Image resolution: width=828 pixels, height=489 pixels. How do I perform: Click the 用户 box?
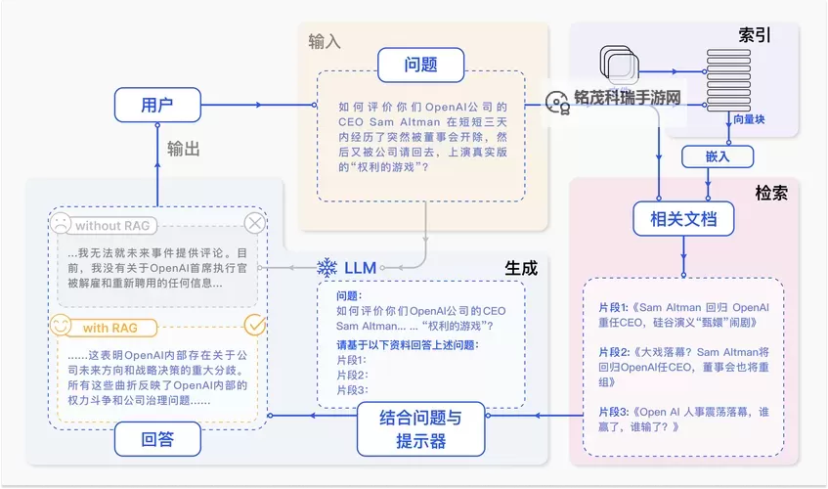(x=157, y=105)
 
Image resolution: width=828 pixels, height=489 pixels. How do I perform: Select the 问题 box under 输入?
(x=420, y=66)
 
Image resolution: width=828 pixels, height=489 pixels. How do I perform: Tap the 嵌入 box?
(x=718, y=156)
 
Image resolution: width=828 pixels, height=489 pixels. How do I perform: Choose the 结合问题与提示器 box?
(x=420, y=429)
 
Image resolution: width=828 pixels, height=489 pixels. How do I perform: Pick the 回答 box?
(x=157, y=439)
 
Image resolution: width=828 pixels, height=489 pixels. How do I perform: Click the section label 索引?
(x=755, y=35)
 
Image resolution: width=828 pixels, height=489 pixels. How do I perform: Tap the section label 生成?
(x=521, y=267)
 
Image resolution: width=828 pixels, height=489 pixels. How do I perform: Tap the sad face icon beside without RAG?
(x=61, y=224)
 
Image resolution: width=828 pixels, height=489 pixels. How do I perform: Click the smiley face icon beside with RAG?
(x=61, y=325)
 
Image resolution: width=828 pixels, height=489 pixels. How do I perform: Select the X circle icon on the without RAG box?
(x=255, y=223)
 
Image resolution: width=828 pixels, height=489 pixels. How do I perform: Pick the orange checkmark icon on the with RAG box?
(x=255, y=324)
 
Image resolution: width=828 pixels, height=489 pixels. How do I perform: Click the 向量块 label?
(x=749, y=119)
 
